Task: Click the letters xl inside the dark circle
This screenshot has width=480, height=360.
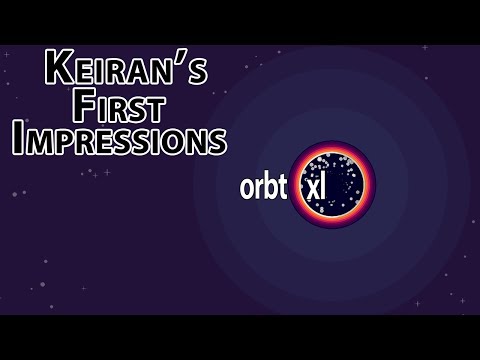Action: (315, 187)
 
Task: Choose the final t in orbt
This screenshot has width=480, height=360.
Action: (281, 187)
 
